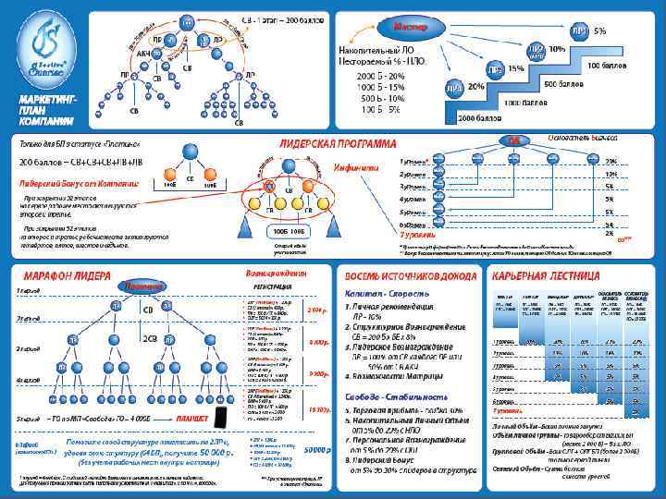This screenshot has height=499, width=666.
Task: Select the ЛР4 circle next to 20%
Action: pyautogui.click(x=453, y=86)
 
